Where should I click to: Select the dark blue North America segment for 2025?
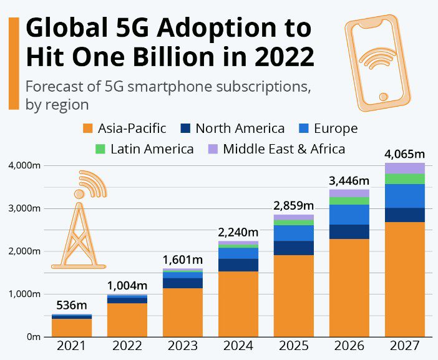click(x=294, y=248)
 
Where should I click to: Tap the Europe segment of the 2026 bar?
click(x=349, y=215)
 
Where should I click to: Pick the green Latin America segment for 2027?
click(x=404, y=179)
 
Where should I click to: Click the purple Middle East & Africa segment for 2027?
click(x=404, y=168)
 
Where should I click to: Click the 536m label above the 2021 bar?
click(x=71, y=305)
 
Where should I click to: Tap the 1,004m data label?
click(x=127, y=285)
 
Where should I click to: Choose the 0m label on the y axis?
click(x=32, y=337)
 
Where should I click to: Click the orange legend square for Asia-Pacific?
click(x=88, y=129)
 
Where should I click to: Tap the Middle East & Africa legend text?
click(x=284, y=149)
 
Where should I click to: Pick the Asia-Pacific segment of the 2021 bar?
click(x=71, y=328)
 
